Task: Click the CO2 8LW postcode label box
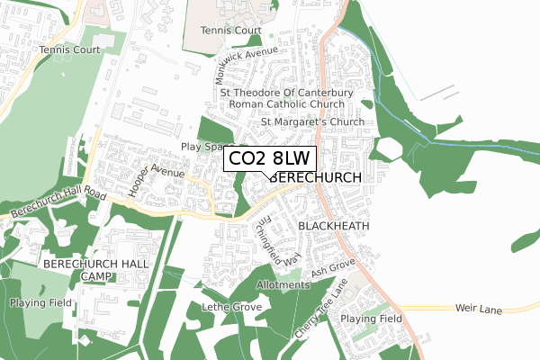tap(269, 158)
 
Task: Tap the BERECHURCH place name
tap(315, 178)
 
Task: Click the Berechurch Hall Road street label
tap(58, 205)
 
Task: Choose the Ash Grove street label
tap(333, 269)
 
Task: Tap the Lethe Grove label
tap(232, 308)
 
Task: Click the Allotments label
tap(283, 285)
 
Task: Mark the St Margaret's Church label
tap(312, 121)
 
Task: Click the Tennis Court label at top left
tap(69, 49)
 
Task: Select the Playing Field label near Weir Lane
tap(371, 319)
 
